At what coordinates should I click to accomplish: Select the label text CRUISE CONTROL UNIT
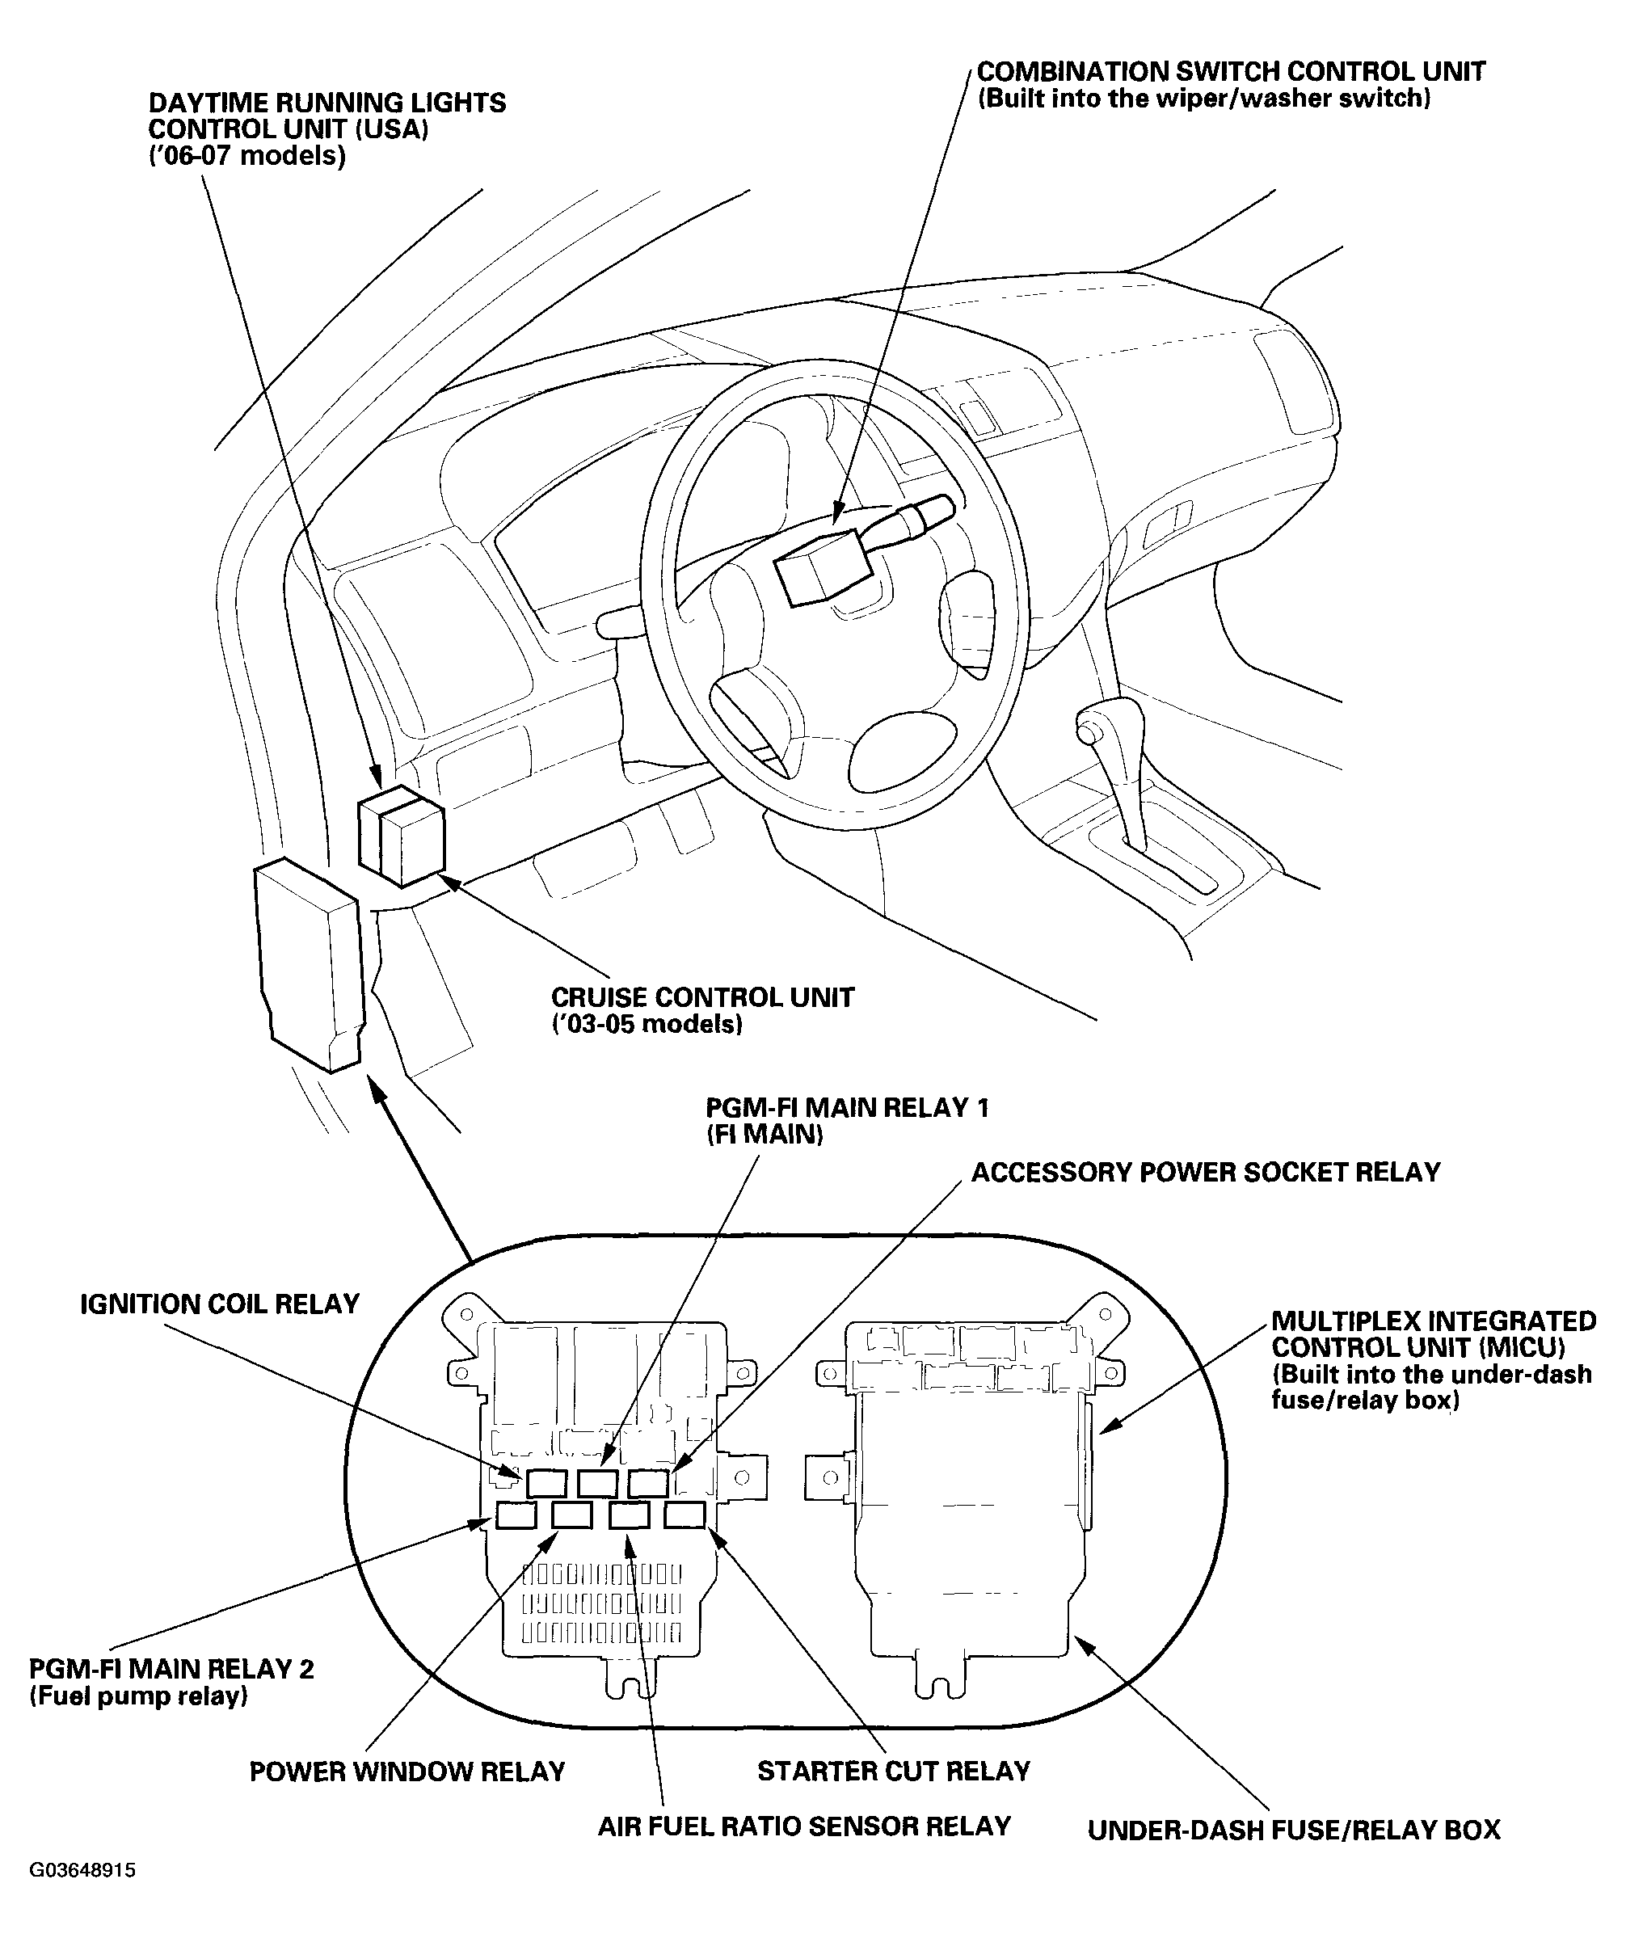(702, 997)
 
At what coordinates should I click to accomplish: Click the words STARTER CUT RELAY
(893, 1771)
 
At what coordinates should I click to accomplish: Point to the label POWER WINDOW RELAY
(407, 1771)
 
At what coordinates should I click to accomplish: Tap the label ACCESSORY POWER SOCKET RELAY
(1205, 1172)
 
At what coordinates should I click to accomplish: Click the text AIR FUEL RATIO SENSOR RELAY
(804, 1826)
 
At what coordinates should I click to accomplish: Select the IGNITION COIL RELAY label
(220, 1304)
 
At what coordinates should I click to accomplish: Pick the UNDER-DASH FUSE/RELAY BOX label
(1294, 1830)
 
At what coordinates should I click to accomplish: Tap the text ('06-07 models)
(247, 156)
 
